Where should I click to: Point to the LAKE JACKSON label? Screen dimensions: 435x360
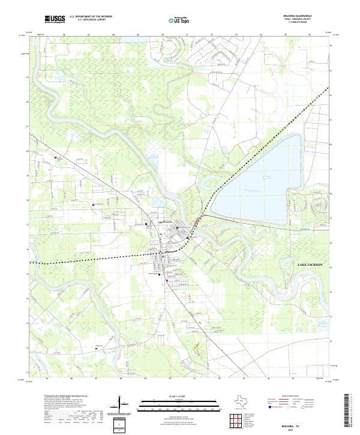(310, 265)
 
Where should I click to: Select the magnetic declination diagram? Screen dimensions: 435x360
(125, 406)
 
